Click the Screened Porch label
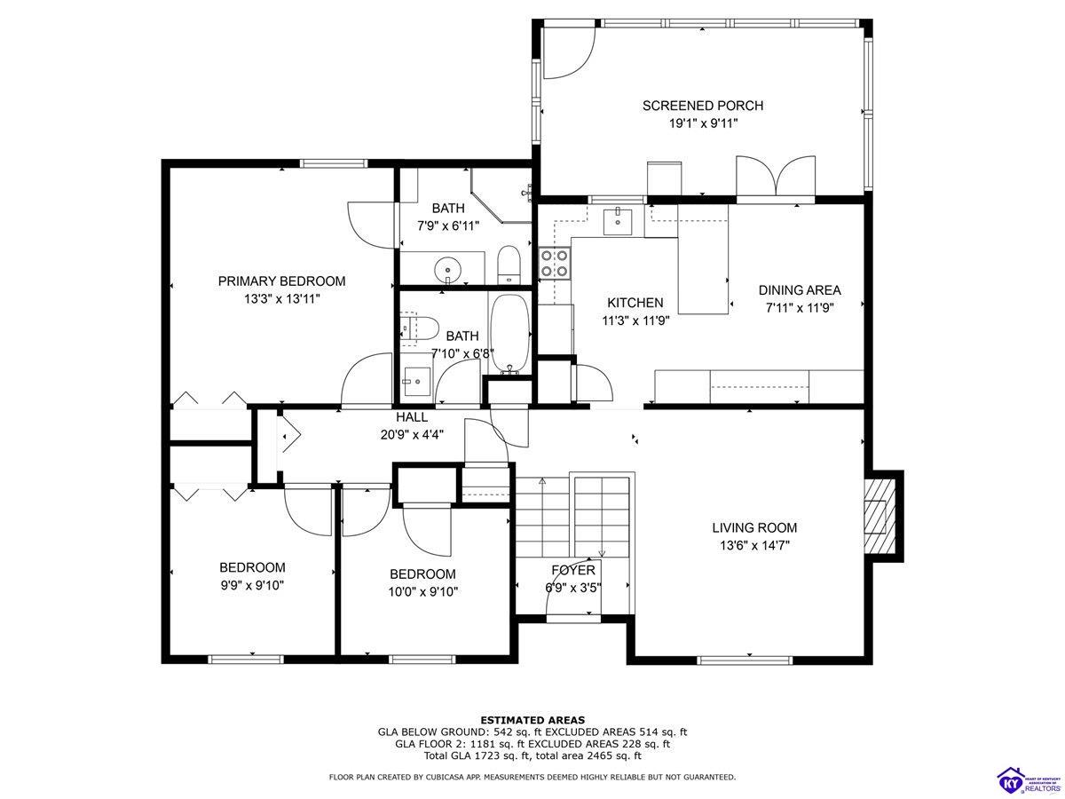[702, 106]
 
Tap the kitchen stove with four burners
[555, 263]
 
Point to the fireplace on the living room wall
[879, 517]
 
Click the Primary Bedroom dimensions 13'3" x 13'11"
[281, 299]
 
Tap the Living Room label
[754, 527]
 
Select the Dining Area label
[799, 290]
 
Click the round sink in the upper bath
[449, 268]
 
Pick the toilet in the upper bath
[509, 264]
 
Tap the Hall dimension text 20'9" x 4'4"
[412, 434]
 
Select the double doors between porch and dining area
[776, 178]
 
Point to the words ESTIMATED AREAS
[532, 719]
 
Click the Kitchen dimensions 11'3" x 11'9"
[635, 320]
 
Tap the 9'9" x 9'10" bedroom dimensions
[252, 585]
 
